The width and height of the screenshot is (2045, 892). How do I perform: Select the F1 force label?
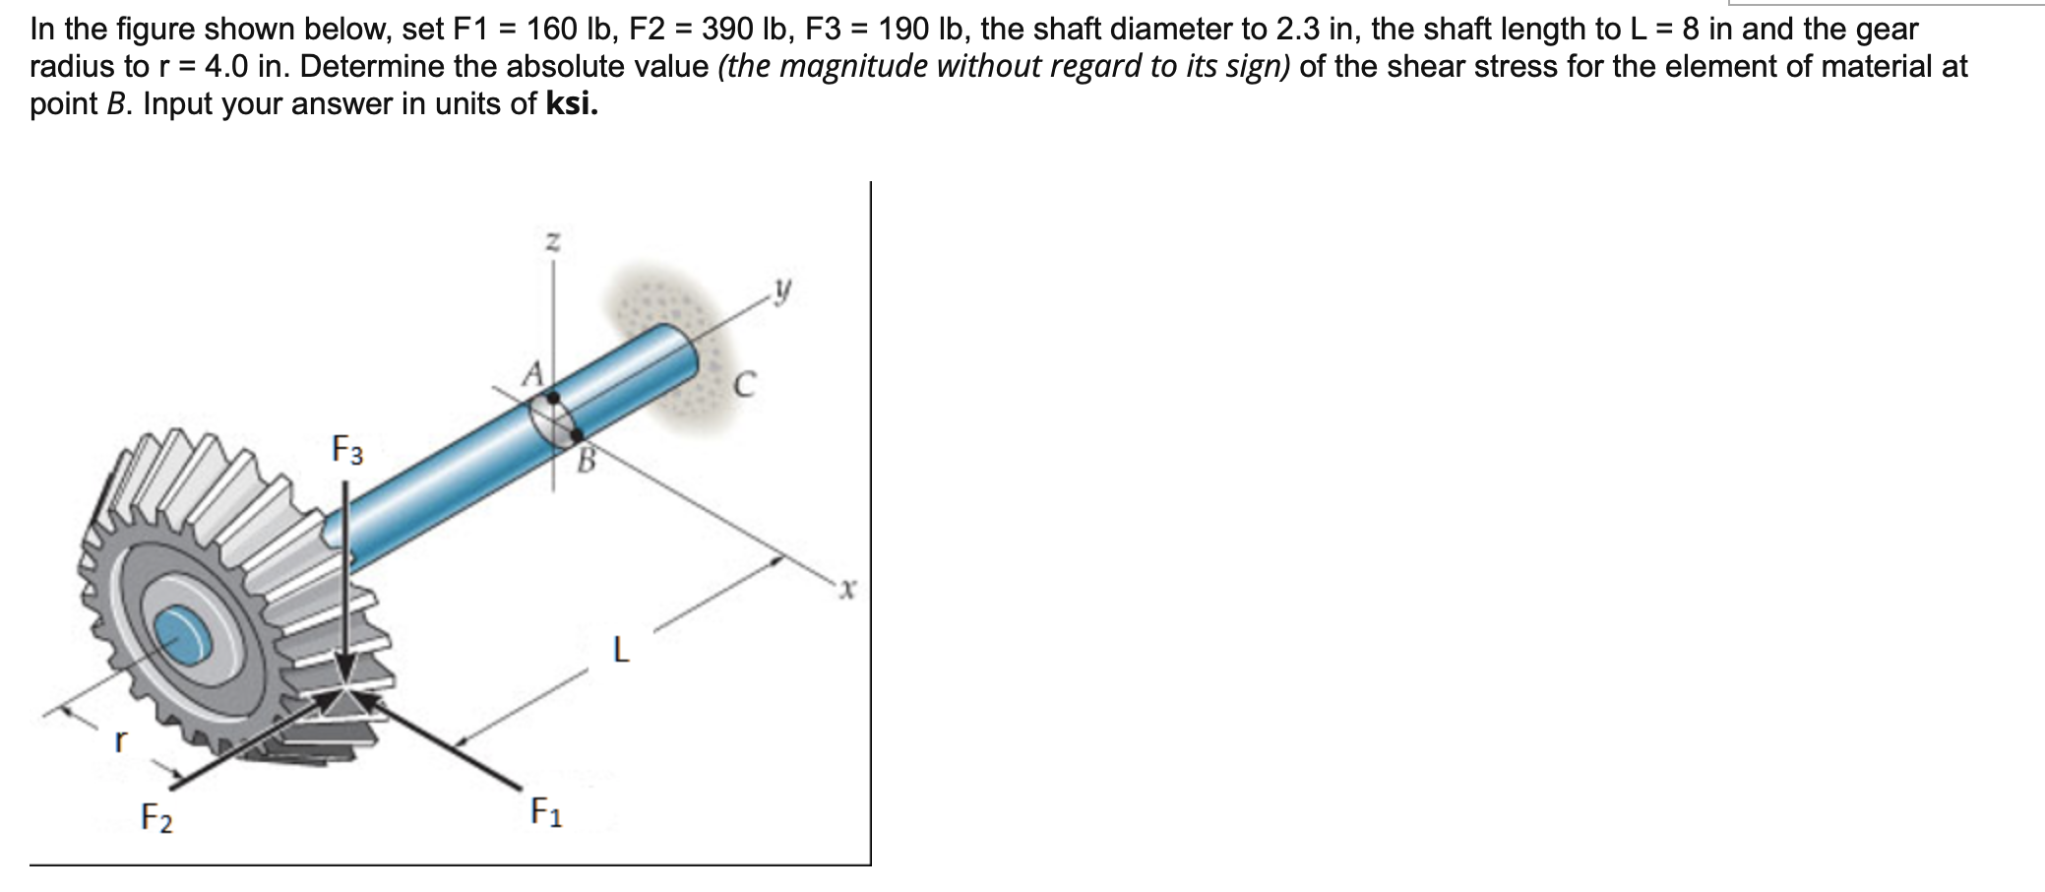(x=546, y=812)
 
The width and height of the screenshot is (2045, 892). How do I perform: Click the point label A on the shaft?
(x=532, y=373)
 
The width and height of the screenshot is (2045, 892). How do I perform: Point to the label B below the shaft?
(x=587, y=459)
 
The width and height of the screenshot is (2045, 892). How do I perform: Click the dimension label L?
(x=620, y=651)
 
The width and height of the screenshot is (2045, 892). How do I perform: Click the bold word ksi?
(x=571, y=104)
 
